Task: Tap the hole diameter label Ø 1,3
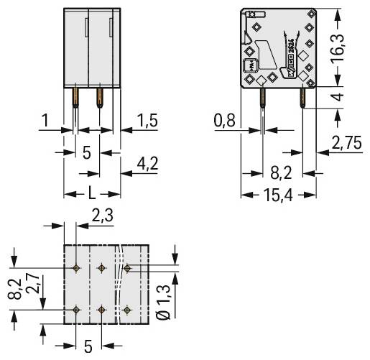coord(165,302)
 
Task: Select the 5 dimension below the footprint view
coord(88,346)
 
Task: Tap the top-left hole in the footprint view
coord(76,268)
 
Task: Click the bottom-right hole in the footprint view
coord(127,310)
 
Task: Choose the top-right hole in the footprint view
coord(127,268)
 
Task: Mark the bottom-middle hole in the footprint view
coord(101,310)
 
